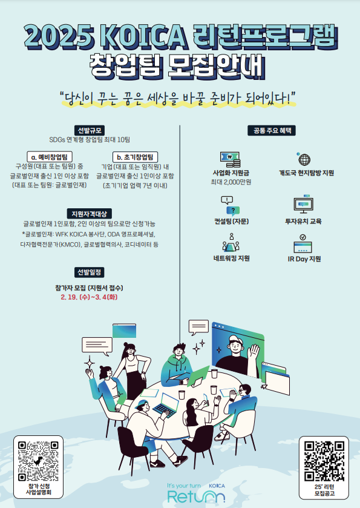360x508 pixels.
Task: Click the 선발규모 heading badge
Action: point(89,130)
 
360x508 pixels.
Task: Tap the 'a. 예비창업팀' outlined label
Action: point(50,157)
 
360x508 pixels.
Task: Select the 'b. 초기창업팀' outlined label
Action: point(136,157)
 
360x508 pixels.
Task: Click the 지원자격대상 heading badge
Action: point(90,214)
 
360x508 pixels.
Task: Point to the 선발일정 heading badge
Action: point(90,272)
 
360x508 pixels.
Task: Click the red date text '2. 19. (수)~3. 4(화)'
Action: point(89,297)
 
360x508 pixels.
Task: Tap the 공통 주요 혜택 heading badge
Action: point(272,130)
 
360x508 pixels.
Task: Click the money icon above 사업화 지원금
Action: point(230,159)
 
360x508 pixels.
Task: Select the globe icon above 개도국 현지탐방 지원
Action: point(304,159)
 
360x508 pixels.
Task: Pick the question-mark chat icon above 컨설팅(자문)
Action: point(230,206)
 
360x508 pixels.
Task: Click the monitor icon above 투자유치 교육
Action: point(303,205)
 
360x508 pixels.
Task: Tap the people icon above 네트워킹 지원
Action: point(231,243)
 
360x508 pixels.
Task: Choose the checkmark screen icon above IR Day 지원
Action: point(303,243)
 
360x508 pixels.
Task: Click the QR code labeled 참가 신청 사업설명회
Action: point(38,461)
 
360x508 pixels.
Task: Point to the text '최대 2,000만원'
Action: point(231,182)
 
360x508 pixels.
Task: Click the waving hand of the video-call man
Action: point(254,354)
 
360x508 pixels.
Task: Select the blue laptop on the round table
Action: point(166,404)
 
